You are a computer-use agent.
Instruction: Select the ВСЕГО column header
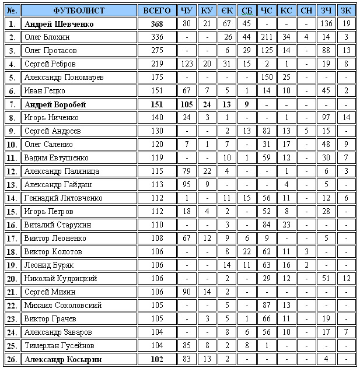[x=157, y=10]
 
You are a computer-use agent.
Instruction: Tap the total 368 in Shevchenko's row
[x=157, y=24]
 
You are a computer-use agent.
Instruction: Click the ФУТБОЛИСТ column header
[x=79, y=10]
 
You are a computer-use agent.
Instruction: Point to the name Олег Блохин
[x=47, y=37]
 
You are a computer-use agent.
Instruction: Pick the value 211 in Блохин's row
[x=267, y=37]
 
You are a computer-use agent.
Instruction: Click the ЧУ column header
[x=187, y=10]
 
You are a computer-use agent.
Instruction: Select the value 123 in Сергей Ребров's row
[x=187, y=64]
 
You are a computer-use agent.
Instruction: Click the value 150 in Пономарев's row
[x=267, y=78]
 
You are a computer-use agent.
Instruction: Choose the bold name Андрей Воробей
[x=55, y=104]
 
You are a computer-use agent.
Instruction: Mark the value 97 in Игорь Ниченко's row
[x=327, y=118]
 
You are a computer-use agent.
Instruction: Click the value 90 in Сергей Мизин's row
[x=187, y=292]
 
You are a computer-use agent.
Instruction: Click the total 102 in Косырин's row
[x=157, y=359]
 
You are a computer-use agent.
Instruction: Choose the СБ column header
[x=247, y=10]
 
